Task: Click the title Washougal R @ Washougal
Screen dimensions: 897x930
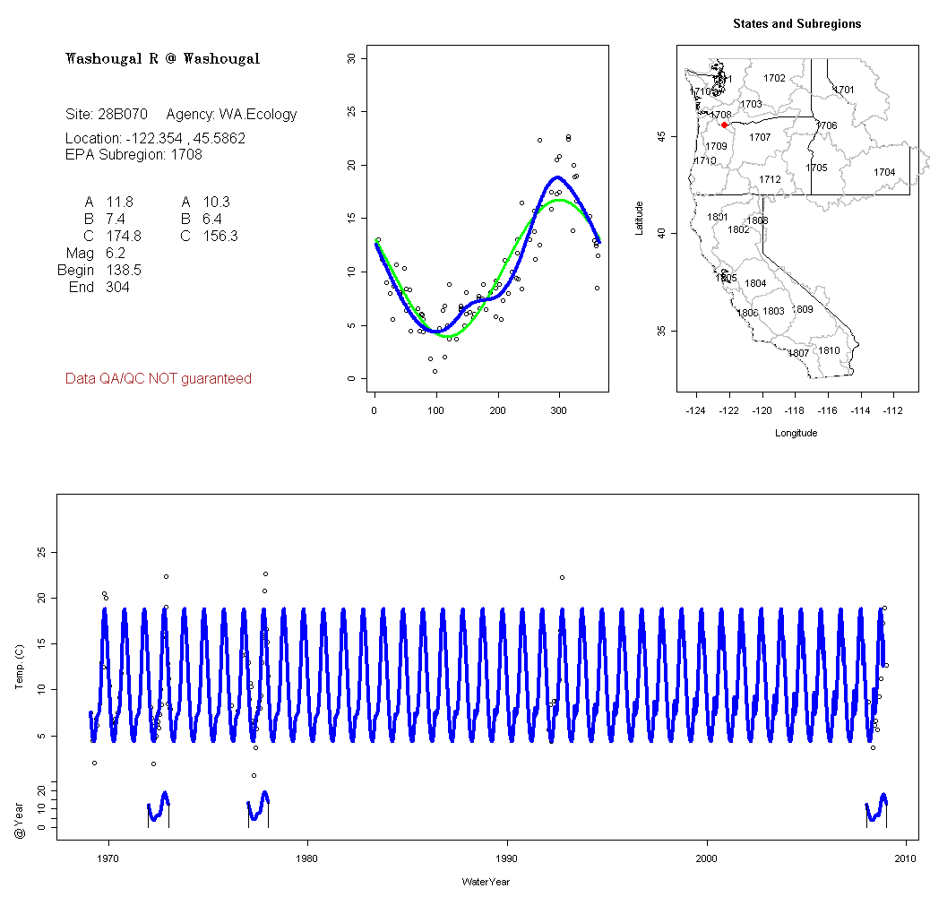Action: pos(163,59)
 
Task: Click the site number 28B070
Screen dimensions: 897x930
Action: pos(122,115)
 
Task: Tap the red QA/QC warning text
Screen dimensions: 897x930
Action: pos(159,379)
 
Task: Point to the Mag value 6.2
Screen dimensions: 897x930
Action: pos(116,254)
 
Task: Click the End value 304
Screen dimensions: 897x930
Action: pos(117,288)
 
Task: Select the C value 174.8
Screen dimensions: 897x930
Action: pos(124,237)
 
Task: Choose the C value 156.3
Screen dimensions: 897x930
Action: pos(220,237)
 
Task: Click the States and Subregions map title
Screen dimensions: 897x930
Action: pos(797,24)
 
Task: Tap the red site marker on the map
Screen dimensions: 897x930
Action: pos(724,125)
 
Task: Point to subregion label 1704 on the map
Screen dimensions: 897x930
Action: pos(884,172)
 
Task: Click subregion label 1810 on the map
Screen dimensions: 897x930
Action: pos(830,350)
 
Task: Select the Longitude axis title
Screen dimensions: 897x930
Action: pos(796,433)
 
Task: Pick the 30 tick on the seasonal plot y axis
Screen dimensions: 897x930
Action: pos(351,59)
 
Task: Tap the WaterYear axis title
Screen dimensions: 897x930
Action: pos(486,882)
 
